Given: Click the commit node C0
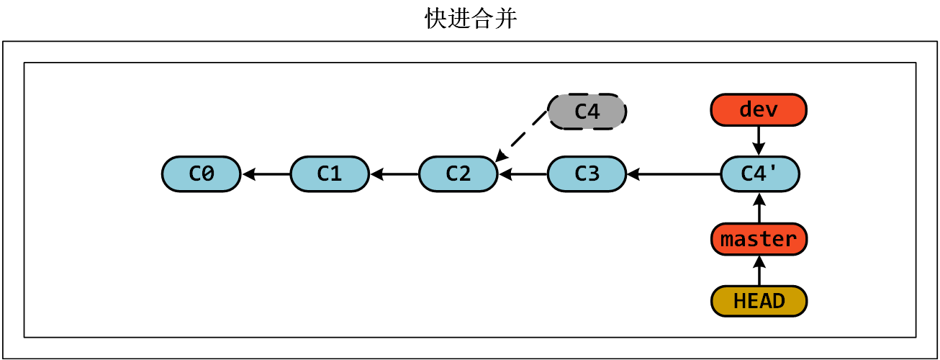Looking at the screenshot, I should pos(201,174).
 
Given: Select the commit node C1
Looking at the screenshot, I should pos(330,174).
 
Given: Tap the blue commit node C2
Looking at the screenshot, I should pos(458,174).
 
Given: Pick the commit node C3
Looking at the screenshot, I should pos(587,174).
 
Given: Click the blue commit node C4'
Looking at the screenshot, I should pos(759,174).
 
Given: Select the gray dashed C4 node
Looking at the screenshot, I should pos(587,112).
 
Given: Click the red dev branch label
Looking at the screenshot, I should pos(759,110).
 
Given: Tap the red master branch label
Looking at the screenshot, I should pos(759,239).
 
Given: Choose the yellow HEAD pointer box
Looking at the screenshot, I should pos(759,301).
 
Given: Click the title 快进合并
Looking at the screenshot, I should pos(471,19).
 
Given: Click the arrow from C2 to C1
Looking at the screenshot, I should pos(394,174).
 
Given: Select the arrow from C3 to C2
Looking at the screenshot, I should pos(523,174).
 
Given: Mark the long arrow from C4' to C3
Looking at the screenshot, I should pos(673,174).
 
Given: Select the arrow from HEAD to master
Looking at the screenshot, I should pos(759,270).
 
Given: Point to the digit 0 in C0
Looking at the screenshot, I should pos(208,174).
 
